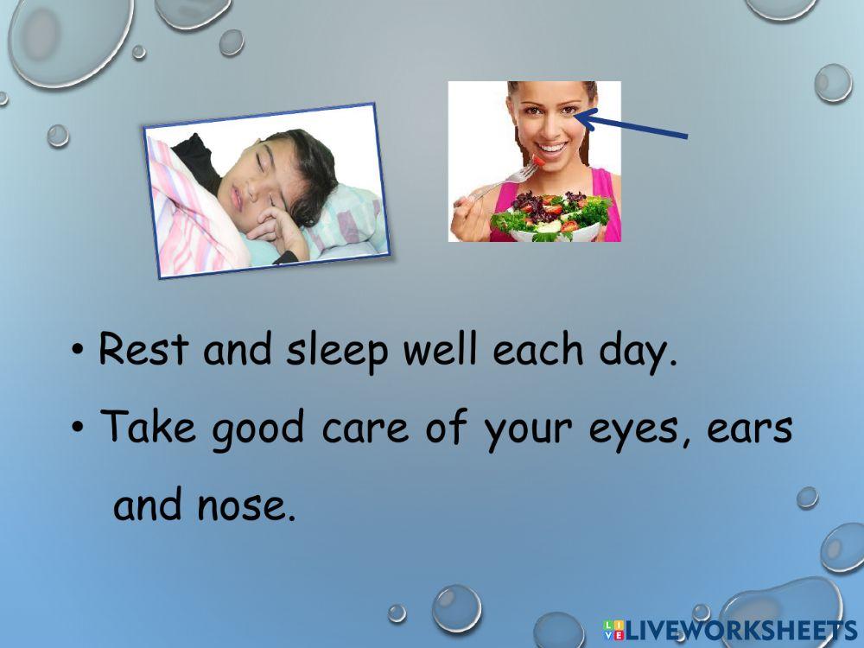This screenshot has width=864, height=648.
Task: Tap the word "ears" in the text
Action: coord(749,428)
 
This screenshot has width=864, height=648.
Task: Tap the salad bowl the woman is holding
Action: coord(550,220)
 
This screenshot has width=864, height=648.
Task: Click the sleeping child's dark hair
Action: coord(313,168)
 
